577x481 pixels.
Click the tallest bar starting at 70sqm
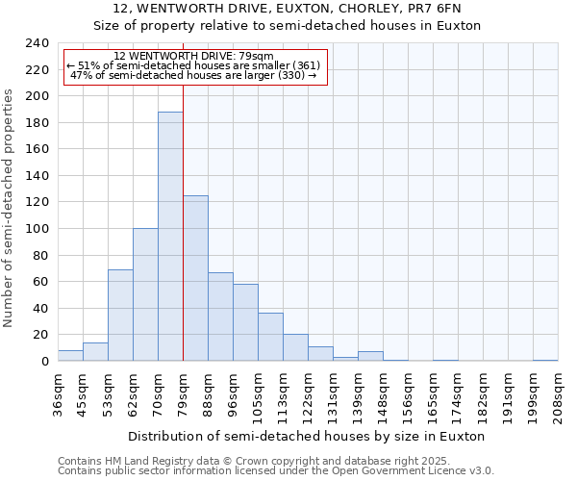pyautogui.click(x=170, y=237)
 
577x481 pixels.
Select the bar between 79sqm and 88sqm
pyautogui.click(x=195, y=279)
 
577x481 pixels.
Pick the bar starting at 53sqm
pyautogui.click(x=120, y=316)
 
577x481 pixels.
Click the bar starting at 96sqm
pyautogui.click(x=245, y=322)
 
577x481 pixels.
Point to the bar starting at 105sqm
pyautogui.click(x=270, y=337)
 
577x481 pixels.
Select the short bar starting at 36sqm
pyautogui.click(x=70, y=356)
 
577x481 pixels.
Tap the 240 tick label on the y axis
pyautogui.click(x=37, y=43)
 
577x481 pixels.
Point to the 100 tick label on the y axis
pyautogui.click(x=37, y=229)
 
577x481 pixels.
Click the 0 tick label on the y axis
pyautogui.click(x=44, y=362)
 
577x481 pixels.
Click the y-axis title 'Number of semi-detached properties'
pyautogui.click(x=9, y=208)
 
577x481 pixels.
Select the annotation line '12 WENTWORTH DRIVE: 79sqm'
pyautogui.click(x=193, y=57)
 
